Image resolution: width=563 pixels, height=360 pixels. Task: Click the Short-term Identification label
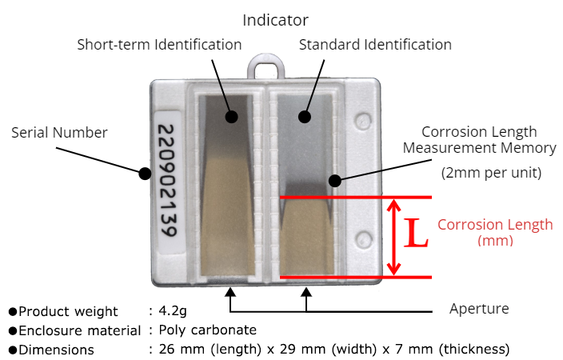point(159,45)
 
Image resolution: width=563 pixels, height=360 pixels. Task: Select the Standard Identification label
point(375,45)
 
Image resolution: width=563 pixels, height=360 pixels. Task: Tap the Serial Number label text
point(59,132)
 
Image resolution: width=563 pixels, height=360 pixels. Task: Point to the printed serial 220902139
point(166,182)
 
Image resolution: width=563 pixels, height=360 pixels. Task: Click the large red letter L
point(417,234)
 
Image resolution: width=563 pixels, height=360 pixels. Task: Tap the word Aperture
point(479,309)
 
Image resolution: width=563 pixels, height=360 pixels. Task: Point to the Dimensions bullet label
point(56,350)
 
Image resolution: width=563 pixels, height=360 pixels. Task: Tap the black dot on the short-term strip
point(231,117)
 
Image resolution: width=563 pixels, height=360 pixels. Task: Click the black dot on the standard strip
point(305,117)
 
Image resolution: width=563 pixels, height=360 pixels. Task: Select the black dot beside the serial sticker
point(145,173)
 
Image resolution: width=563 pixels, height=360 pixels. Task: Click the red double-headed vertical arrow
point(393,237)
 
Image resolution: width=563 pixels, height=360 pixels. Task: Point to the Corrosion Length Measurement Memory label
point(479,140)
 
